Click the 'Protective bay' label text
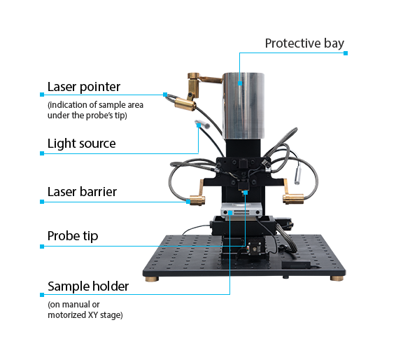click(x=304, y=43)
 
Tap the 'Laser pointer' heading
click(x=84, y=87)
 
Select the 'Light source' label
click(x=81, y=144)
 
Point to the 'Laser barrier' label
click(x=82, y=192)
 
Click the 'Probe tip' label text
click(x=73, y=236)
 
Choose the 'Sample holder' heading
click(x=88, y=286)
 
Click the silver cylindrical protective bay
click(x=243, y=106)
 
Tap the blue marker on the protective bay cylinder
click(x=240, y=83)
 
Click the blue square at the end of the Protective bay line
click(x=346, y=53)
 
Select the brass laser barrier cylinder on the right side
click(x=293, y=199)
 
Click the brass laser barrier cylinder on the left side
click(x=197, y=200)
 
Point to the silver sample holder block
click(x=241, y=210)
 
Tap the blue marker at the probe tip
click(x=246, y=193)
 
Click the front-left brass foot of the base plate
click(x=152, y=279)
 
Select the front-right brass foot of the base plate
click(x=337, y=279)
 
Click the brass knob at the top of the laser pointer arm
click(x=194, y=76)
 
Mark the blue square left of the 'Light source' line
click(x=42, y=153)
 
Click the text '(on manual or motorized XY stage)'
click(x=85, y=310)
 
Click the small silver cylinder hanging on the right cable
click(x=298, y=175)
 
